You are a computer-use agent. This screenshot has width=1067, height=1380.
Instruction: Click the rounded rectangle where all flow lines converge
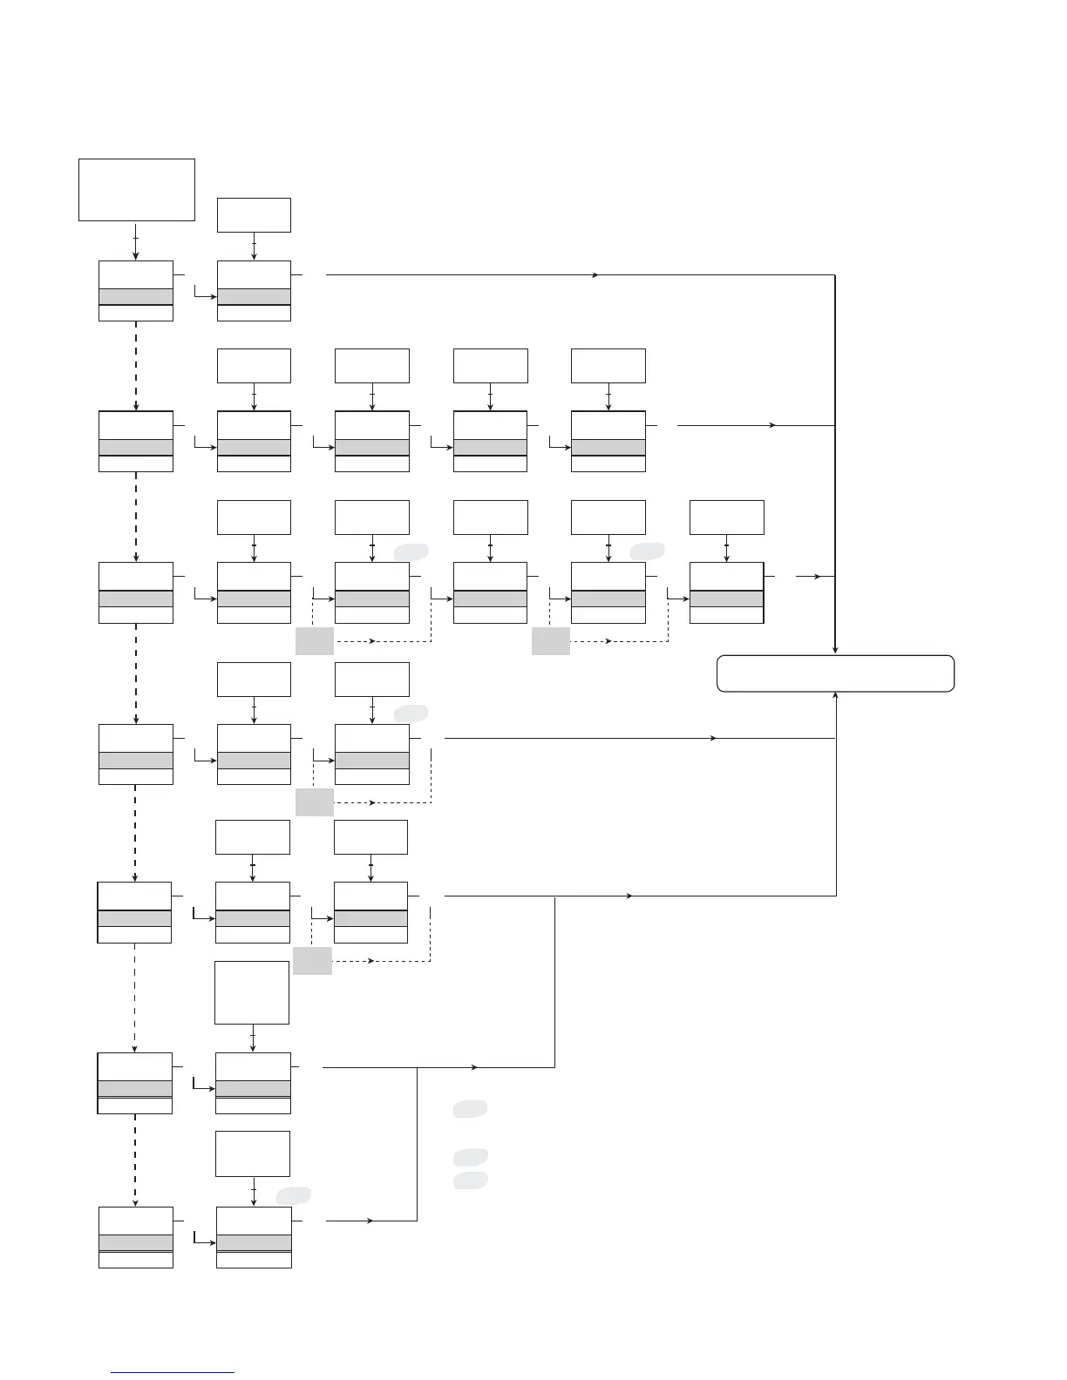tap(835, 673)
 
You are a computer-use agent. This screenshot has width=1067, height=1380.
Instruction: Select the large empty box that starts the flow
tap(137, 190)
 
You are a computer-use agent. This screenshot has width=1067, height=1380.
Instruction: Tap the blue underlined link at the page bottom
tap(173, 1372)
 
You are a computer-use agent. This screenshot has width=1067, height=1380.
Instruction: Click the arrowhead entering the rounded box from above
tap(835, 650)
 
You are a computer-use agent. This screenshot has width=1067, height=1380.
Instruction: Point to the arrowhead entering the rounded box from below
tap(836, 695)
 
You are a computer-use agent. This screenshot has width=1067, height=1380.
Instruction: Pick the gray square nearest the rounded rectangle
tap(550, 641)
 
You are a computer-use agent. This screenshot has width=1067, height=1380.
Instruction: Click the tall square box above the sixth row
tap(252, 992)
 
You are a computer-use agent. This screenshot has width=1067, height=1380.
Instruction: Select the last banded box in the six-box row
tap(726, 592)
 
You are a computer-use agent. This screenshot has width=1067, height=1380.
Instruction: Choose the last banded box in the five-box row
tap(608, 442)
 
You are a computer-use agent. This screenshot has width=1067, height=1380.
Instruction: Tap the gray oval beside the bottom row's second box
tap(294, 1195)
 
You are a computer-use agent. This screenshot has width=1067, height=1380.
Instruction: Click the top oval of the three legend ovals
tap(470, 1109)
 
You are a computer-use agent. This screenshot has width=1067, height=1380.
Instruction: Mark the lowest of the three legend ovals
tap(470, 1180)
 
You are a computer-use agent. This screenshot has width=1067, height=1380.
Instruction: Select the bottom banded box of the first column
tap(136, 1237)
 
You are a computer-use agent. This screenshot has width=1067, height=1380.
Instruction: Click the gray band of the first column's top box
tap(136, 297)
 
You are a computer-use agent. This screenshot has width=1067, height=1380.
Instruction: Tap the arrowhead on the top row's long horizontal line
tap(595, 275)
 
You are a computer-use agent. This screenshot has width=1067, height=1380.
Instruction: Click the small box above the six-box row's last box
tap(726, 517)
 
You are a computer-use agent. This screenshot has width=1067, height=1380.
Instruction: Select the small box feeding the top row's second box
tap(254, 215)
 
